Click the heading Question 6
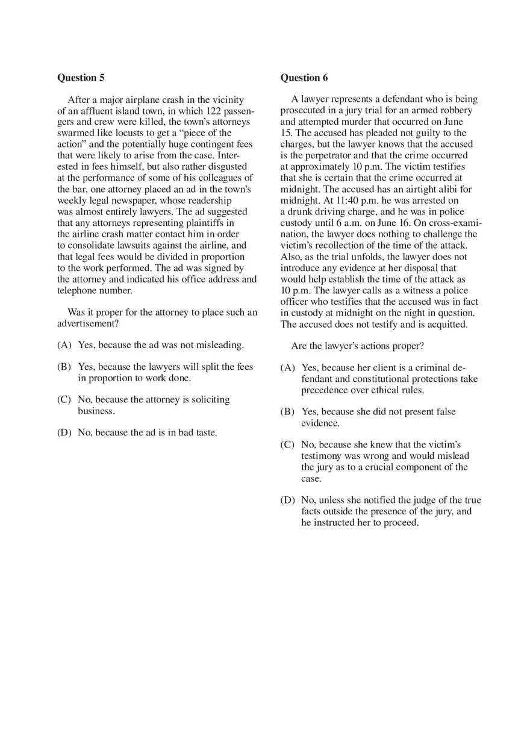[x=304, y=78]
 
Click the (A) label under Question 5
[x=64, y=345]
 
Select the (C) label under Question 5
[x=64, y=400]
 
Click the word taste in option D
[x=205, y=432]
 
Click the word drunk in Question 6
[x=301, y=212]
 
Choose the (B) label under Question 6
[x=288, y=412]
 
